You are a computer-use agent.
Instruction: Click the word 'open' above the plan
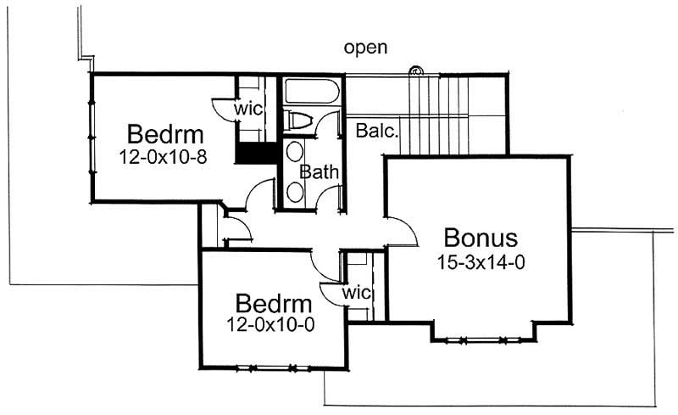pyautogui.click(x=366, y=48)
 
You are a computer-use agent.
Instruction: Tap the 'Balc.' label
pyautogui.click(x=377, y=132)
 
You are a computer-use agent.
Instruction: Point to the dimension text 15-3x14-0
pyautogui.click(x=481, y=262)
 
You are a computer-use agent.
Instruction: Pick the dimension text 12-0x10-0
pyautogui.click(x=270, y=323)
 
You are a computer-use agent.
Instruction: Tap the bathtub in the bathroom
pyautogui.click(x=311, y=92)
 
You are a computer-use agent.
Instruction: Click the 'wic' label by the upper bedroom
pyautogui.click(x=247, y=109)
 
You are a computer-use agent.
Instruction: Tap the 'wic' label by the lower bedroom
pyautogui.click(x=357, y=293)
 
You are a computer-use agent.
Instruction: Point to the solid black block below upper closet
pyautogui.click(x=256, y=154)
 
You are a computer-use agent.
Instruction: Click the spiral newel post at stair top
pyautogui.click(x=416, y=70)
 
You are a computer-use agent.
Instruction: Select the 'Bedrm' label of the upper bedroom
pyautogui.click(x=165, y=134)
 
